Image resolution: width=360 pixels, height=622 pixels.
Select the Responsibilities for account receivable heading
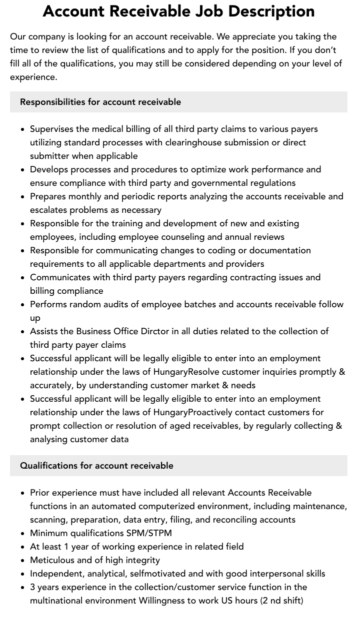[x=100, y=102]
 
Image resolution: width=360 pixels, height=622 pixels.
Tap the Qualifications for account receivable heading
[x=96, y=466]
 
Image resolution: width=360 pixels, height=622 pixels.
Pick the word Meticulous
[x=53, y=560]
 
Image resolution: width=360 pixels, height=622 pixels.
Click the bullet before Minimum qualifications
[x=23, y=534]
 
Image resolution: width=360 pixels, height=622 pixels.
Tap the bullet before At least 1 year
[x=23, y=547]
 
